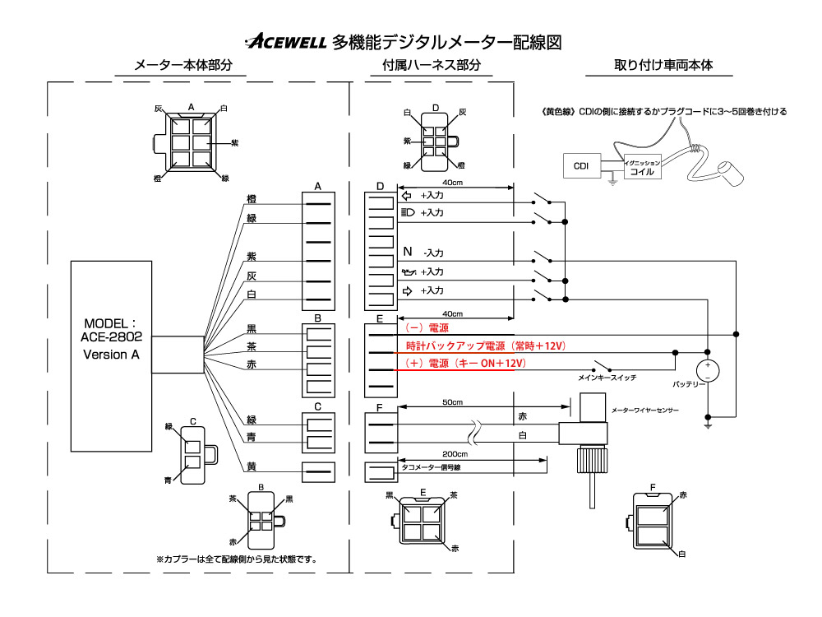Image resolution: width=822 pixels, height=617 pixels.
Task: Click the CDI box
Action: click(581, 166)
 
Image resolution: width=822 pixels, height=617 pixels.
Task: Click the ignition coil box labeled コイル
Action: click(642, 167)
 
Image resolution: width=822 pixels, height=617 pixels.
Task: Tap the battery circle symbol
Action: click(707, 370)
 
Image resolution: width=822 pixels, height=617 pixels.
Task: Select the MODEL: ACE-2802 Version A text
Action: click(111, 339)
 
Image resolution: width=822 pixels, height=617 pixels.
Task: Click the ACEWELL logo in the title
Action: click(286, 41)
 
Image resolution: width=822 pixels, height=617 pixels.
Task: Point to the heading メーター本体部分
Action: click(183, 65)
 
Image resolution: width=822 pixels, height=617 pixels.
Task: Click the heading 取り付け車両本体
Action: click(663, 65)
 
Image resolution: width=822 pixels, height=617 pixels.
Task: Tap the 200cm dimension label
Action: click(455, 454)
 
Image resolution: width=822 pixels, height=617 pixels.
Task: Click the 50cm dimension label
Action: click(452, 402)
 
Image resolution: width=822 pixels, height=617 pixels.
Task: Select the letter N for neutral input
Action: click(408, 252)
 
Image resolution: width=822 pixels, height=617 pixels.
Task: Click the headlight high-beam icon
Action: click(408, 212)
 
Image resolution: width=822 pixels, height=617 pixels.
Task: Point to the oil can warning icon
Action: click(409, 271)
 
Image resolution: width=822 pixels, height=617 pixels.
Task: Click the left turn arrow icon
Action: click(406, 196)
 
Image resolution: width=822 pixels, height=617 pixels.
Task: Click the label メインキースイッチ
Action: click(607, 378)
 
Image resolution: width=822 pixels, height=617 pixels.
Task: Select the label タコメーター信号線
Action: click(431, 467)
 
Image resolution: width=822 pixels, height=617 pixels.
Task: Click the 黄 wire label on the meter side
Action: click(252, 466)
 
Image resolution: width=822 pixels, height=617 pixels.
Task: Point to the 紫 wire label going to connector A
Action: click(252, 257)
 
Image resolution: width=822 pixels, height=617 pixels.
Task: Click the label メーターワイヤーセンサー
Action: click(644, 411)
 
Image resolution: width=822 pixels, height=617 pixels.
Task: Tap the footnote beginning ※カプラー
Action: click(237, 559)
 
